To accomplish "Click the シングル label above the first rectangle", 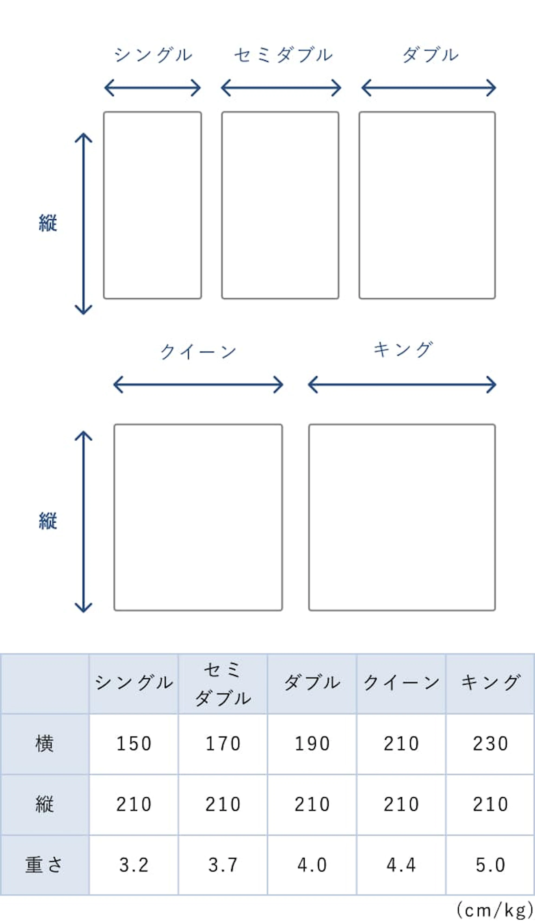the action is click(x=153, y=55).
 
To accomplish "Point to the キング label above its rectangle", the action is click(x=403, y=350).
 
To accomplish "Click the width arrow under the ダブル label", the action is click(x=428, y=88).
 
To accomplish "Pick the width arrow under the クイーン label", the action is click(x=198, y=385).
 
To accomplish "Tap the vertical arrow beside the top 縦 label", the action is click(x=84, y=223).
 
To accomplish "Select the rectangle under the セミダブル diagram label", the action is click(x=280, y=205).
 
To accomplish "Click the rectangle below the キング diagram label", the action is click(x=402, y=517).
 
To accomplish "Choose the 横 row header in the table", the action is click(x=45, y=744).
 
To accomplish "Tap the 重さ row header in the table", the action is click(x=44, y=865).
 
